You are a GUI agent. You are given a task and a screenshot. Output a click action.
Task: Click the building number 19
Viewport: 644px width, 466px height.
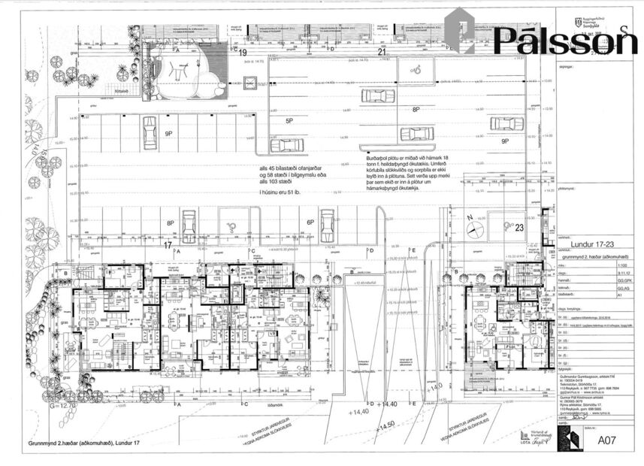click(x=242, y=53)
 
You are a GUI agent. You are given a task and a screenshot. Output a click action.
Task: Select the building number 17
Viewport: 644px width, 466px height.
click(x=168, y=244)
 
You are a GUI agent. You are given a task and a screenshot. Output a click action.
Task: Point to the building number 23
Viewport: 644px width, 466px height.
click(x=519, y=228)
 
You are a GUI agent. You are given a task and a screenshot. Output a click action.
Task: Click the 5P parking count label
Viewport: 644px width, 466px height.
click(x=289, y=120)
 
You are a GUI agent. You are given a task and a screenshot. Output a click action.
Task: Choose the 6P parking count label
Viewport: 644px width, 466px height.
click(x=310, y=222)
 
